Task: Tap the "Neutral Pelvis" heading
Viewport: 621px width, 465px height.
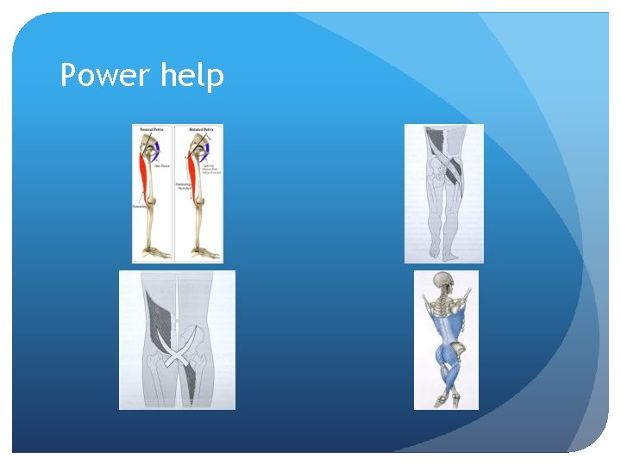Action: (x=155, y=129)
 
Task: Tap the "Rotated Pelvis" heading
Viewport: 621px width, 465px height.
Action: (x=200, y=129)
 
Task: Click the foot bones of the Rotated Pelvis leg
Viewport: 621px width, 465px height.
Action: (x=204, y=251)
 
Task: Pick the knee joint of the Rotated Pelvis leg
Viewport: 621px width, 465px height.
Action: (x=191, y=207)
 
